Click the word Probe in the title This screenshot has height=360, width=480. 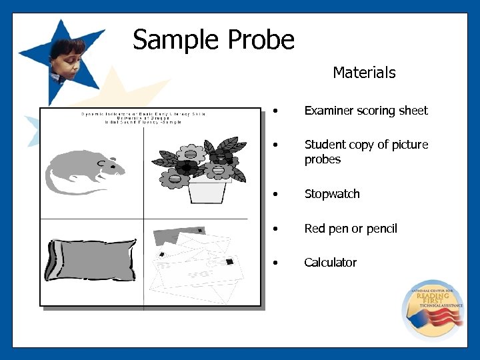point(261,40)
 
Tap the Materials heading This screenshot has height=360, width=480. point(364,73)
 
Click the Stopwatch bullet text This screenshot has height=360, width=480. point(332,194)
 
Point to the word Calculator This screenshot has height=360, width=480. point(330,263)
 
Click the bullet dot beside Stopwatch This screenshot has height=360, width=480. point(275,195)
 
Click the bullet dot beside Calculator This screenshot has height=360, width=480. point(275,263)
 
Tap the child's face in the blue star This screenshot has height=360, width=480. point(69,59)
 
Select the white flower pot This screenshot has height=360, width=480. point(207,191)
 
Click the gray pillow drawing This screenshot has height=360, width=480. point(90,260)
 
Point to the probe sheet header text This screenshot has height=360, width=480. point(143,118)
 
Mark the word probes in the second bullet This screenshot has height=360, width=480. point(323,159)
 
